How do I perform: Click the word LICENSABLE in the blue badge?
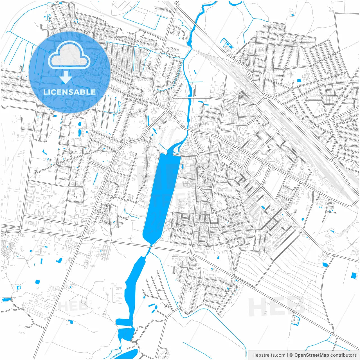[x=69, y=92]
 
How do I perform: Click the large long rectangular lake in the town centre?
[x=162, y=197]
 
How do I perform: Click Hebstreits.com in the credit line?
[x=269, y=355]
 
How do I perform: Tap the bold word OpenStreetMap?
[x=311, y=355]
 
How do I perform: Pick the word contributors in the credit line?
[x=343, y=355]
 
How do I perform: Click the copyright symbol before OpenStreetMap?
[x=291, y=355]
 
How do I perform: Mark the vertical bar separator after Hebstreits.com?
[x=287, y=355]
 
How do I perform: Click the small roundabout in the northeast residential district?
[x=292, y=89]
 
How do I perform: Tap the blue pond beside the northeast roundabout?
[x=299, y=81]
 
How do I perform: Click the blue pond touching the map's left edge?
[x=6, y=300]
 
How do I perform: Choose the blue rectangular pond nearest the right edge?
[x=353, y=276]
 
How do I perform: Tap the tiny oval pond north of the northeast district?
[x=293, y=15]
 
